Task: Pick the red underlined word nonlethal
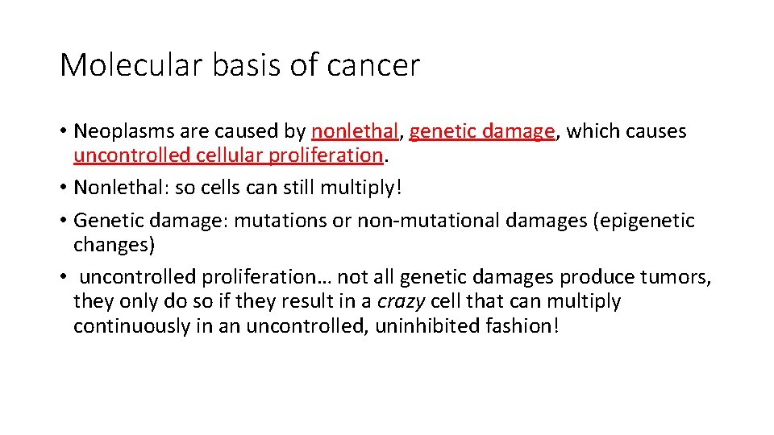[355, 131]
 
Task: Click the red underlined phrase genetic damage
[482, 131]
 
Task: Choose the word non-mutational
[418, 221]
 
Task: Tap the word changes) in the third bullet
[114, 244]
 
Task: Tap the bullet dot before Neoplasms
[63, 132]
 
